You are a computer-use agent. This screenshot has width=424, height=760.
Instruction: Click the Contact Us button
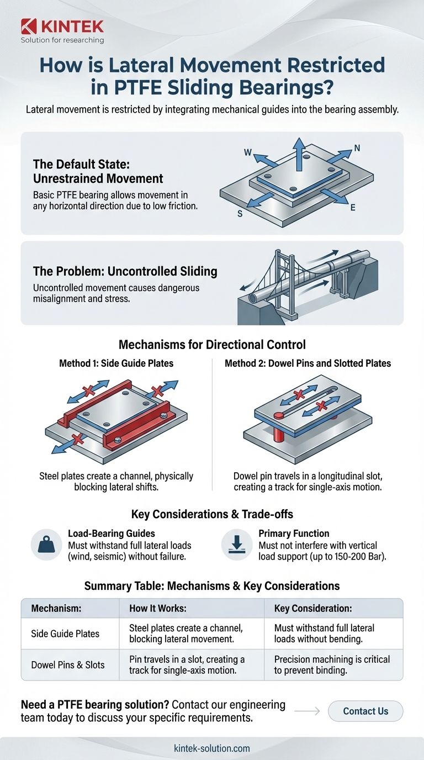click(365, 711)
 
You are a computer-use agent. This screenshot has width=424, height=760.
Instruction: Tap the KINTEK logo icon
click(29, 27)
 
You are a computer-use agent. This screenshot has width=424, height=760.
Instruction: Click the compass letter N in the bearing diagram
click(357, 148)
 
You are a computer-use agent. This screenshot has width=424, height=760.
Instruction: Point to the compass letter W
click(248, 152)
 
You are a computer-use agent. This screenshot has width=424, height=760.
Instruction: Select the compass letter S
click(240, 214)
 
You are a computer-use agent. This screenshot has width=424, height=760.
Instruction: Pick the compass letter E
click(353, 208)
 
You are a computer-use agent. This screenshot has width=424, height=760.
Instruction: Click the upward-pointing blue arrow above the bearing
click(299, 155)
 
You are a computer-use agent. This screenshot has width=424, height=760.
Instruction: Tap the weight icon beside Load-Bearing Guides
click(46, 545)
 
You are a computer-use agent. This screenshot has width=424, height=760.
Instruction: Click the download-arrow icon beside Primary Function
click(237, 545)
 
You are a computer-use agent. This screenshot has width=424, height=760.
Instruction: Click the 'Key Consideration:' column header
click(312, 608)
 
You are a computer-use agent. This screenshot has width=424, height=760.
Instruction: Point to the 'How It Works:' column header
click(158, 608)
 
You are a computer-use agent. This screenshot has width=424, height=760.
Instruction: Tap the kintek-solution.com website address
click(212, 748)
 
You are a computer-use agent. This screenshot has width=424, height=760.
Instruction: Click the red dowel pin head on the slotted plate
click(278, 415)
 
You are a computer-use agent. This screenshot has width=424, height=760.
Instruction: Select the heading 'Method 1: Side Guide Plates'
click(116, 363)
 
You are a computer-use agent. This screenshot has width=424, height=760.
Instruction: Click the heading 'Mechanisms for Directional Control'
click(212, 345)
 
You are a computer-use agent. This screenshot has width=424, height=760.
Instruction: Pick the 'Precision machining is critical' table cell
click(333, 664)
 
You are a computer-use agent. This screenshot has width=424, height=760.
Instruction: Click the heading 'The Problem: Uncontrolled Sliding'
click(125, 271)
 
